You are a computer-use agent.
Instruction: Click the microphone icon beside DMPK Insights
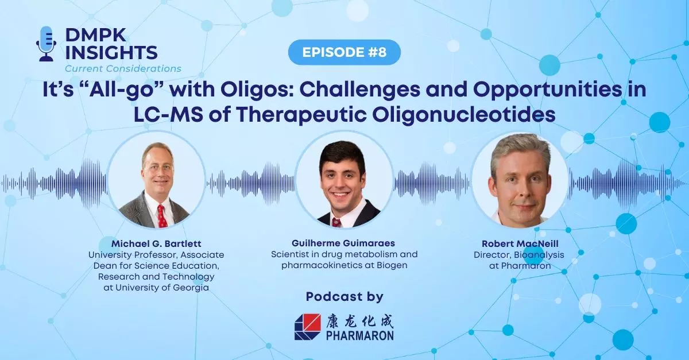coord(47,43)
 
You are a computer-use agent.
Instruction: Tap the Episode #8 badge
coord(344,52)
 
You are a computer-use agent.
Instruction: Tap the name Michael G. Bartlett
coord(156,243)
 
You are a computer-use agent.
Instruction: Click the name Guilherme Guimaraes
coord(344,243)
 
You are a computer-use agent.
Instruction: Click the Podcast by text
coord(344,297)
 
